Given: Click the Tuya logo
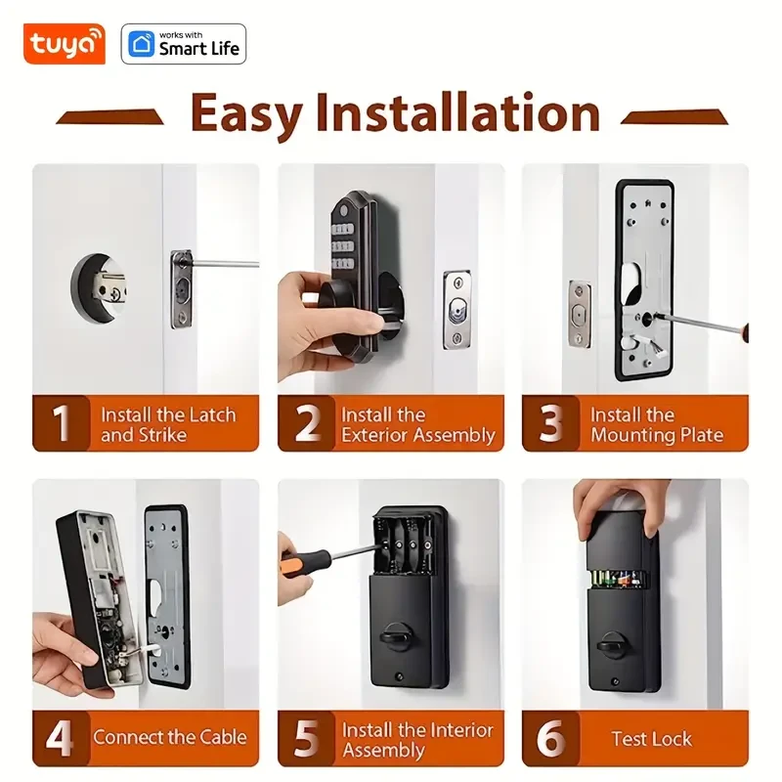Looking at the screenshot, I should click(64, 44).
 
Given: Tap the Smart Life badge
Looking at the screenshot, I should click(184, 44).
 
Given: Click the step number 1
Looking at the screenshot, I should click(62, 424).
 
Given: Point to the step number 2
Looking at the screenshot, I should click(307, 424).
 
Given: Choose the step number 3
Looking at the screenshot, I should click(551, 424).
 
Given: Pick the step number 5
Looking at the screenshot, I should click(307, 738).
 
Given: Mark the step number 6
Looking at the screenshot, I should click(551, 738).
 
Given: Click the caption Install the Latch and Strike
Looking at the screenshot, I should click(168, 424).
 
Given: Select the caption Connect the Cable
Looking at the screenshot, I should click(170, 738).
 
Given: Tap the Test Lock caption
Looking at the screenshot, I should click(651, 738).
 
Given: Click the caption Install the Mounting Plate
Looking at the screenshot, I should click(657, 424).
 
